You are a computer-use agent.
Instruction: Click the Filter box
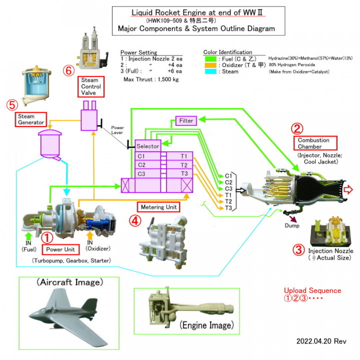click(186, 120)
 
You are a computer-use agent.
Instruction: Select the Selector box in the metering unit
click(148, 146)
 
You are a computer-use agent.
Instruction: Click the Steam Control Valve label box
click(90, 86)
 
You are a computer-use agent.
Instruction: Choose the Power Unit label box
click(60, 248)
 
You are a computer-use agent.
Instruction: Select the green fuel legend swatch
click(210, 59)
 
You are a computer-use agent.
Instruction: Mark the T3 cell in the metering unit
click(184, 173)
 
